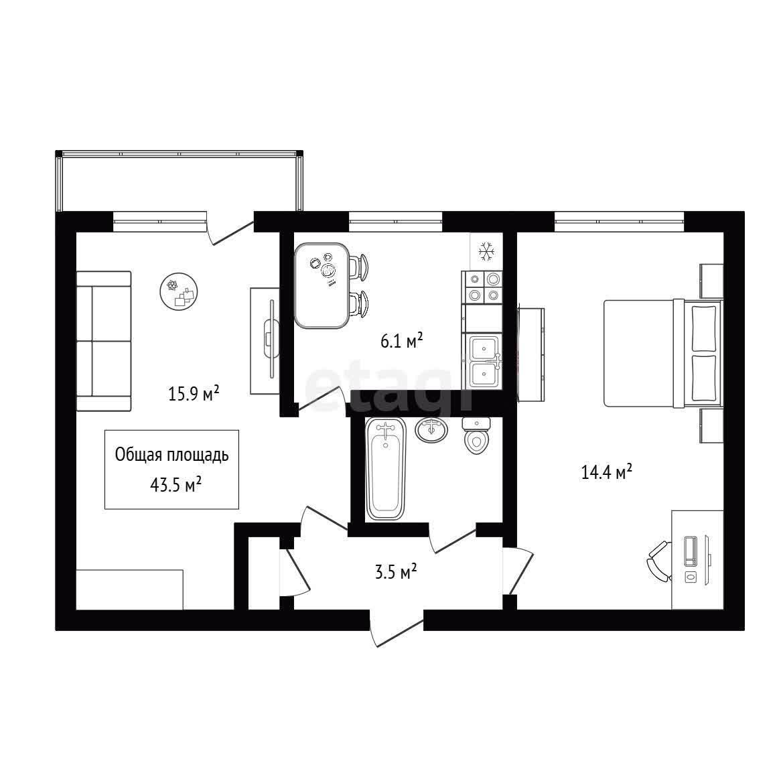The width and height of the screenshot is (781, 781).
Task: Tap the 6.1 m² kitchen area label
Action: pos(402,341)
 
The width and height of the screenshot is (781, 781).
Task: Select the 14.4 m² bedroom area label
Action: pos(607,471)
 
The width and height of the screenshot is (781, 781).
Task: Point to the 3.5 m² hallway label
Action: pos(396,572)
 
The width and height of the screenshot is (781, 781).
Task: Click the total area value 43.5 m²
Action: pos(175,485)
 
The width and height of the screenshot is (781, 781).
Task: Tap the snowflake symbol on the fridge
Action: pos(486,252)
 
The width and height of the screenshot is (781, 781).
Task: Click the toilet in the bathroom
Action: pos(477,435)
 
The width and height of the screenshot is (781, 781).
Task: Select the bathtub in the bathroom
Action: pos(386,469)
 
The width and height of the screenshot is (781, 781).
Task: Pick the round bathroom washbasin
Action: pos(431,430)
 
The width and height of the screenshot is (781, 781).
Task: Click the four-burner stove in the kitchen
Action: pos(482,287)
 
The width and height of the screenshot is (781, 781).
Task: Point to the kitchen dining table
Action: pos(322,286)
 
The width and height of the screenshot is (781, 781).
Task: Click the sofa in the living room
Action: pos(104,341)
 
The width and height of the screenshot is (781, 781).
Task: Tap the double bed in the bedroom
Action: pos(662,353)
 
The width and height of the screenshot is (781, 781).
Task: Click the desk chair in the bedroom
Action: pos(658,561)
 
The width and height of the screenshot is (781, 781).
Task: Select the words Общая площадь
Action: pos(172,455)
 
